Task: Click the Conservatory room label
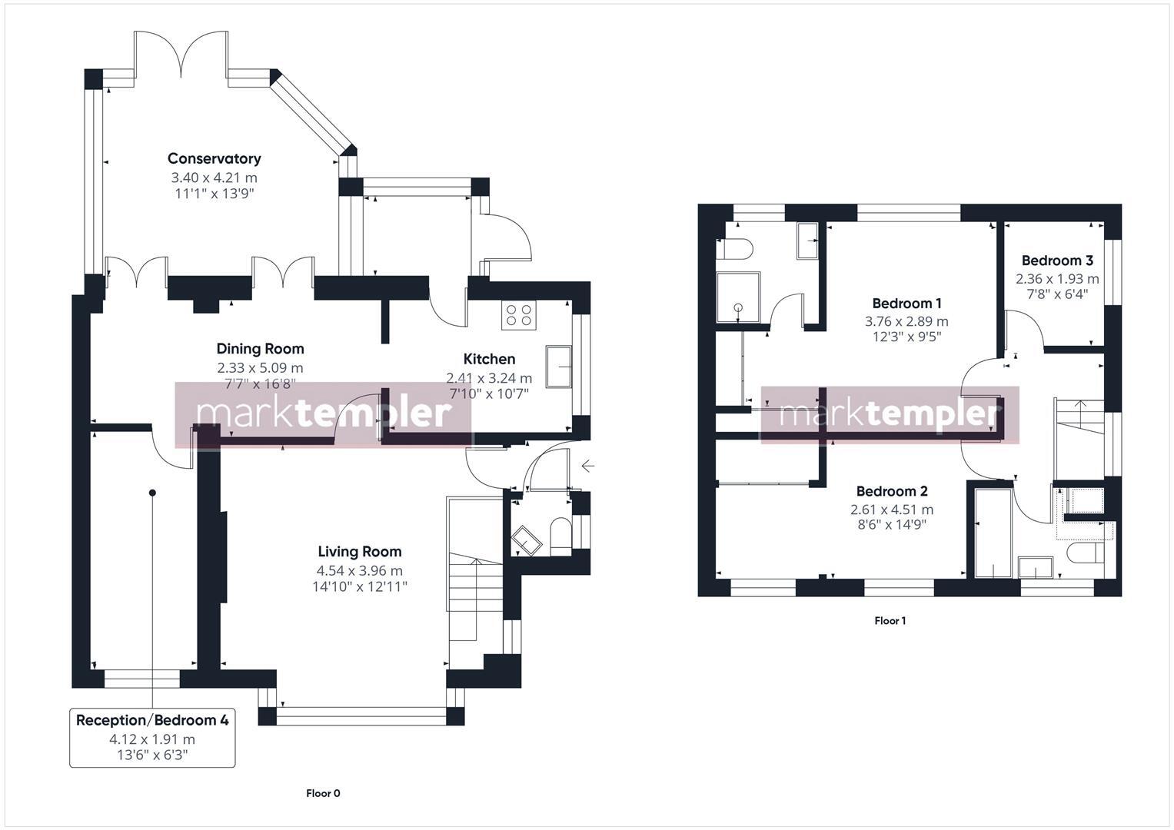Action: click(x=214, y=158)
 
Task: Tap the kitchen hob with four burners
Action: click(x=518, y=314)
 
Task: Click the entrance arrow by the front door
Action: click(x=587, y=466)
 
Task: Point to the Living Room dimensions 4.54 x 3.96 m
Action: click(x=359, y=570)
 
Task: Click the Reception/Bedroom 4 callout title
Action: click(x=152, y=720)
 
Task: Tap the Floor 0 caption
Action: click(x=323, y=793)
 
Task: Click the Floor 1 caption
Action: click(x=890, y=620)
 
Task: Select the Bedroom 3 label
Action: click(x=1057, y=261)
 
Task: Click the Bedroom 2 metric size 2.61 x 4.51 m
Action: click(x=891, y=509)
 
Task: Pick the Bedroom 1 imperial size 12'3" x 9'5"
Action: click(x=906, y=336)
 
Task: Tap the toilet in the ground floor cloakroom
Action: click(x=560, y=536)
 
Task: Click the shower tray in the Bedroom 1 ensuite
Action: click(x=738, y=297)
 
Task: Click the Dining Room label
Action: click(x=260, y=349)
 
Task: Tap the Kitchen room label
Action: click(x=489, y=359)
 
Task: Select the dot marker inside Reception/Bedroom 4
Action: click(x=152, y=493)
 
